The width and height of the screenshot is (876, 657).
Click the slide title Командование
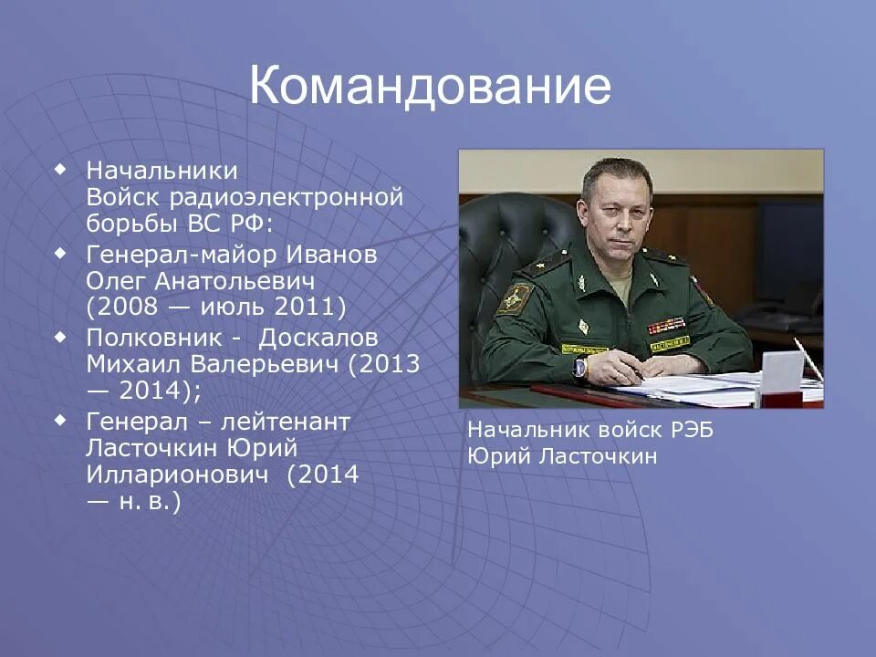[x=430, y=86]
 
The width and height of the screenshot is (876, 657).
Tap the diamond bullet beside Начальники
[x=60, y=169]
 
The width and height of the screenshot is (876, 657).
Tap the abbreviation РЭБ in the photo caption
[x=692, y=431]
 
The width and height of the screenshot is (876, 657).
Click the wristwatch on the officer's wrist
[x=580, y=367]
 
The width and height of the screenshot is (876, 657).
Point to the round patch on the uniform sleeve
[x=513, y=298]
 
